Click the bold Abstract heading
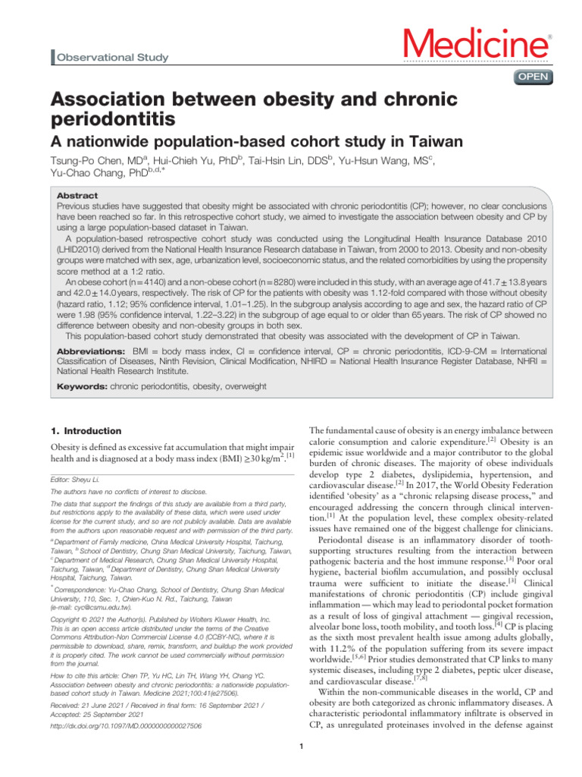(x=77, y=194)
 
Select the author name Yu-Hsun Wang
(x=390, y=161)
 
